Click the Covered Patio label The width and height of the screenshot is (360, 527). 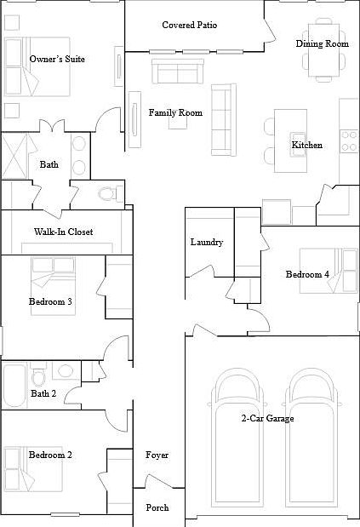tap(190, 25)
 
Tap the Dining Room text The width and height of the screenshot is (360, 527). tap(322, 43)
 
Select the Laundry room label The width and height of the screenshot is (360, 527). tap(207, 243)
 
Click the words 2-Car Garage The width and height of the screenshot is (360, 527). tap(267, 418)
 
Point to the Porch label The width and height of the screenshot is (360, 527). tap(157, 507)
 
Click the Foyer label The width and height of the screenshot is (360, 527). tap(157, 455)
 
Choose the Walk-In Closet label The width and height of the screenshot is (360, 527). tap(64, 232)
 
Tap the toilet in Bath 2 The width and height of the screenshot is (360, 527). tap(38, 374)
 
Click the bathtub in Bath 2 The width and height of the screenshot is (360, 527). tap(14, 385)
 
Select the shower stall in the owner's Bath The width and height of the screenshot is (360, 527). tap(15, 156)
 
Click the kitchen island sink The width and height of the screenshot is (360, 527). tap(298, 145)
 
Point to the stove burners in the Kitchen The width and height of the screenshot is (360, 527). tap(349, 141)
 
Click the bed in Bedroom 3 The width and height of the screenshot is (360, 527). tap(53, 286)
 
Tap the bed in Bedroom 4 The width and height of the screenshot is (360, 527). tap(329, 271)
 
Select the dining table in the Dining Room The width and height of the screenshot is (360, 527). tap(323, 50)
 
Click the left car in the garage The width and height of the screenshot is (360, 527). tap(237, 438)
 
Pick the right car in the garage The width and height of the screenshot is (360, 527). tap(311, 438)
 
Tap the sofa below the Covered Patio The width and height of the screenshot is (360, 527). tap(178, 72)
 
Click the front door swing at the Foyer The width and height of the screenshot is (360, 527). tap(159, 481)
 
